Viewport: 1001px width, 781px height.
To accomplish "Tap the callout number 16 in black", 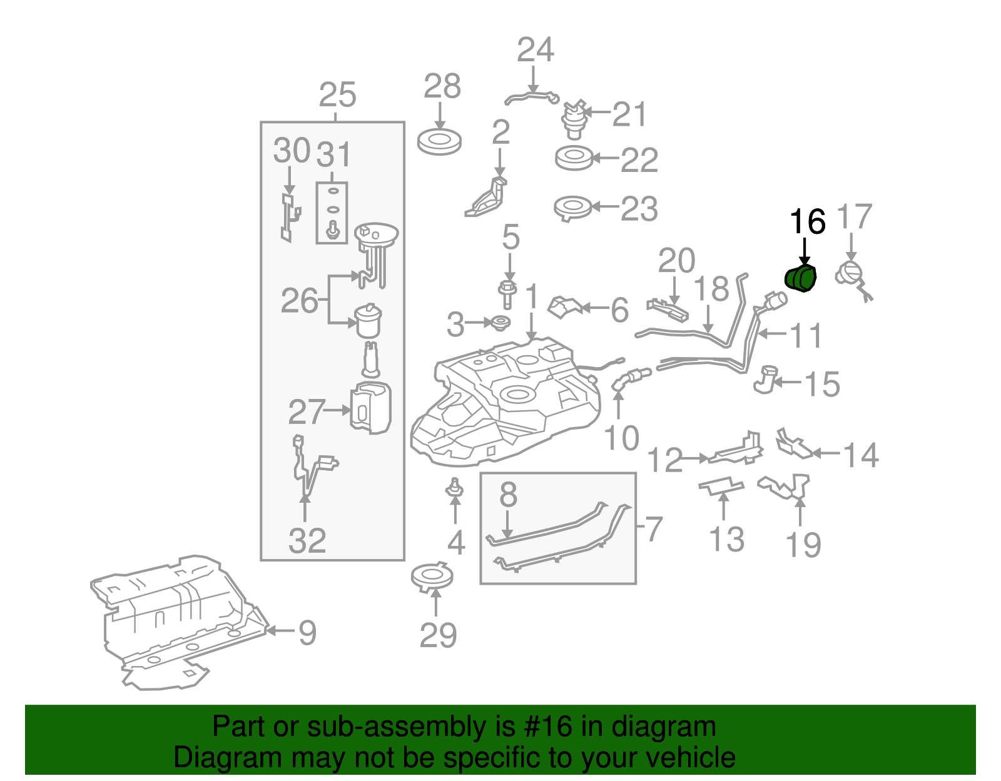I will coord(807,222).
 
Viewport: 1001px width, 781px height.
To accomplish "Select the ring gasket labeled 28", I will coord(439,142).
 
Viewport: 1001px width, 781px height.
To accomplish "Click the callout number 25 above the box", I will coord(337,96).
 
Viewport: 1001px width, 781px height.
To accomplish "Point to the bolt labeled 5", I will coord(507,295).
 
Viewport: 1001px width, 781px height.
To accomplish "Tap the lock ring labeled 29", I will coord(432,577).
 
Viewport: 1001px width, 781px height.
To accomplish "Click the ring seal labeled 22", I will coord(574,158).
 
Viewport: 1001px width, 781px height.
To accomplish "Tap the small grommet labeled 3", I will coord(500,323).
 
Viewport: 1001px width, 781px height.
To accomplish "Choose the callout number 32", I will coord(307,541).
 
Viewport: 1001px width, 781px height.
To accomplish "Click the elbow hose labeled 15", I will coord(766,380).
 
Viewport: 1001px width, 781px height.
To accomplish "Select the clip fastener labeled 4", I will coord(455,489).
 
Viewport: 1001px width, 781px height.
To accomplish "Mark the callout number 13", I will coord(726,540).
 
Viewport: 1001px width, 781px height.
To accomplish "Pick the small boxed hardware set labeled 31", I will coord(332,213).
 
